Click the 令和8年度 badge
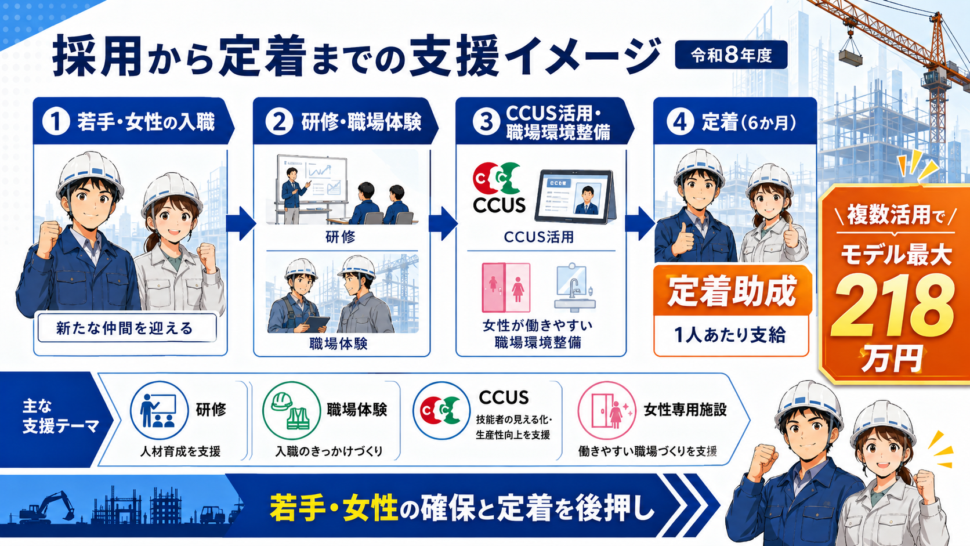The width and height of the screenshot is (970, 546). coord(731,55)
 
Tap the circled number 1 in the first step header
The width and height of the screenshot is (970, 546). coord(56,122)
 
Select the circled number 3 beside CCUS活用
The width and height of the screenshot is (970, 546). coord(486,122)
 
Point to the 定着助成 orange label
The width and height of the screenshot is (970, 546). coord(732,291)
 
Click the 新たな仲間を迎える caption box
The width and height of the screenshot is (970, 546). coord(127,328)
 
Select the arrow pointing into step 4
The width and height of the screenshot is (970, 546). coord(639,223)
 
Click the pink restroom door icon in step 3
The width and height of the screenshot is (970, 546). coord(506,287)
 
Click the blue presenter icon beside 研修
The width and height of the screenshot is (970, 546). coord(159,410)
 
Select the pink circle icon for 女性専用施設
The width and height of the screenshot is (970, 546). coord(607,410)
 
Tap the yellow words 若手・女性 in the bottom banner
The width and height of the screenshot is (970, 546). coord(334,508)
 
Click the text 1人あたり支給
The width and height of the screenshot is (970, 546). coord(730,335)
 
